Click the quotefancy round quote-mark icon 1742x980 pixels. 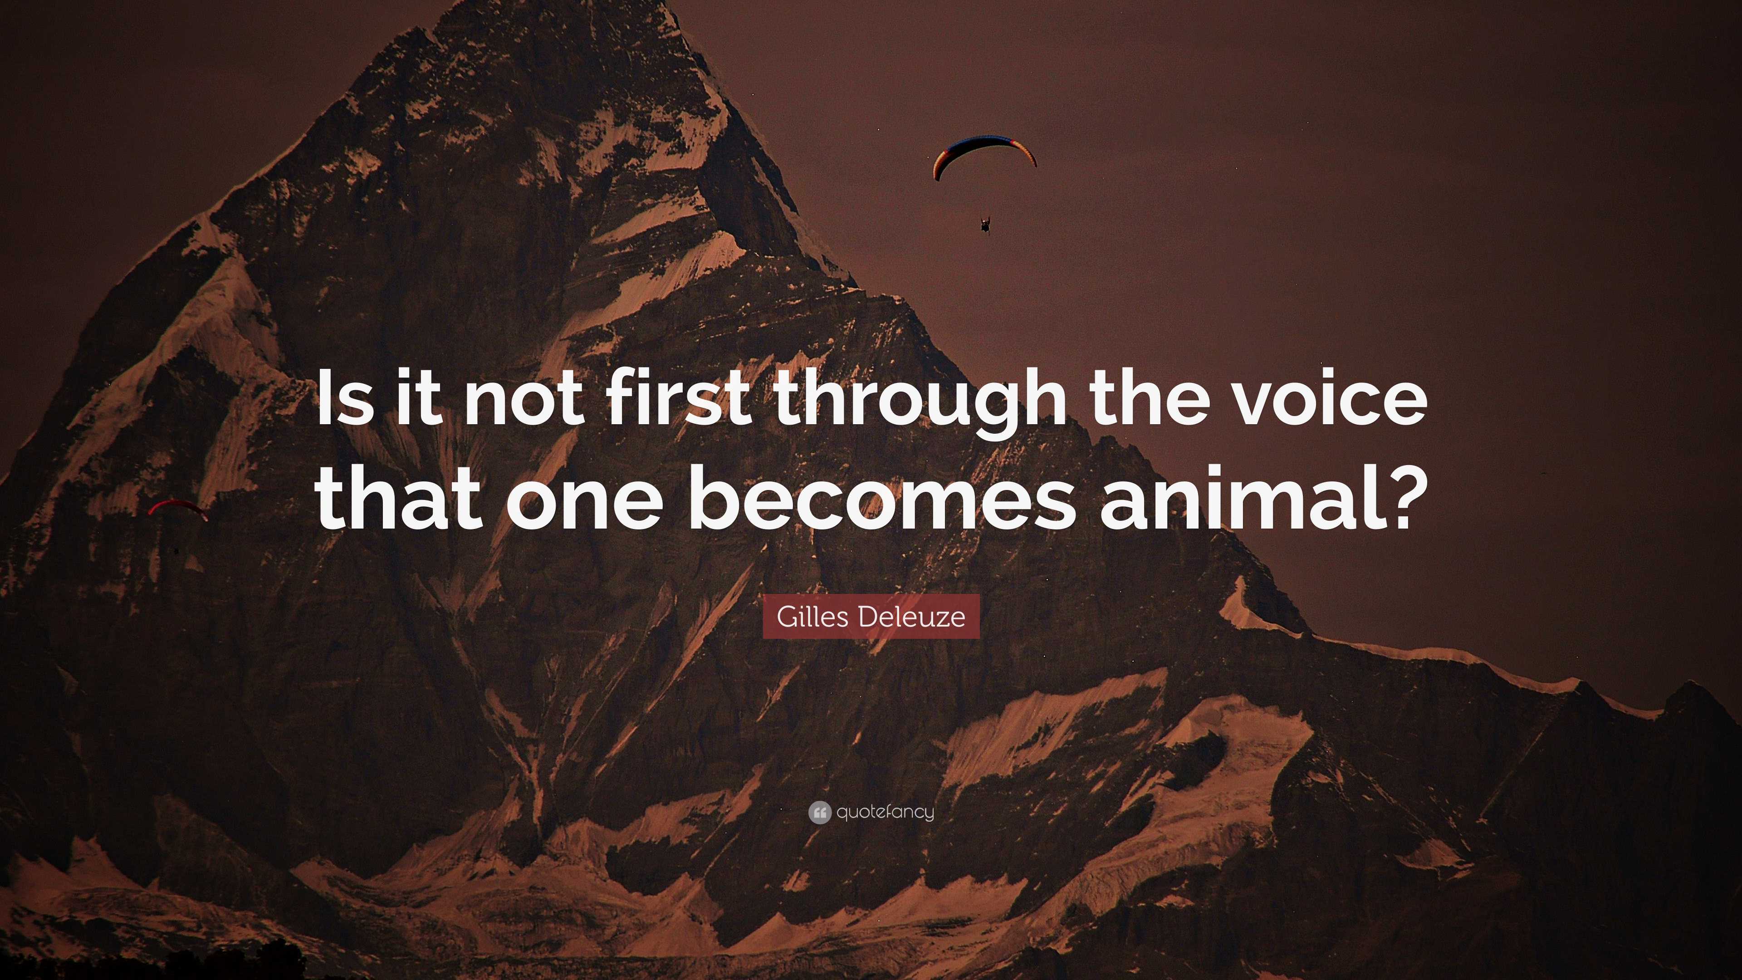click(x=819, y=812)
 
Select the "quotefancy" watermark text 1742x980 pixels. click(x=885, y=812)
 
